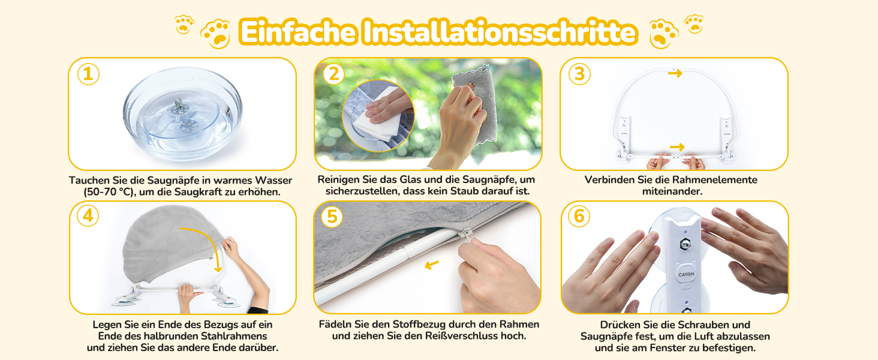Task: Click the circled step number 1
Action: [x=88, y=74]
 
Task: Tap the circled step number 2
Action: [x=333, y=74]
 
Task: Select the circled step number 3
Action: [x=579, y=74]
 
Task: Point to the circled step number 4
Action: [x=88, y=215]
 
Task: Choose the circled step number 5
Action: [x=332, y=217]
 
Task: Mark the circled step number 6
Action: [x=579, y=216]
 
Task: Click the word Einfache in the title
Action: [x=299, y=32]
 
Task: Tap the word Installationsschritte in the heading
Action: [x=500, y=32]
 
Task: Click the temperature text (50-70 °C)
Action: [x=109, y=192]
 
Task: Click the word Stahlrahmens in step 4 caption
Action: [x=234, y=336]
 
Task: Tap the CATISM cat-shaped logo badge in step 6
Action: [x=686, y=274]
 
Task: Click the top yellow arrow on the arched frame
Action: [x=675, y=73]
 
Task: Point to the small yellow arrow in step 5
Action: [x=432, y=265]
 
